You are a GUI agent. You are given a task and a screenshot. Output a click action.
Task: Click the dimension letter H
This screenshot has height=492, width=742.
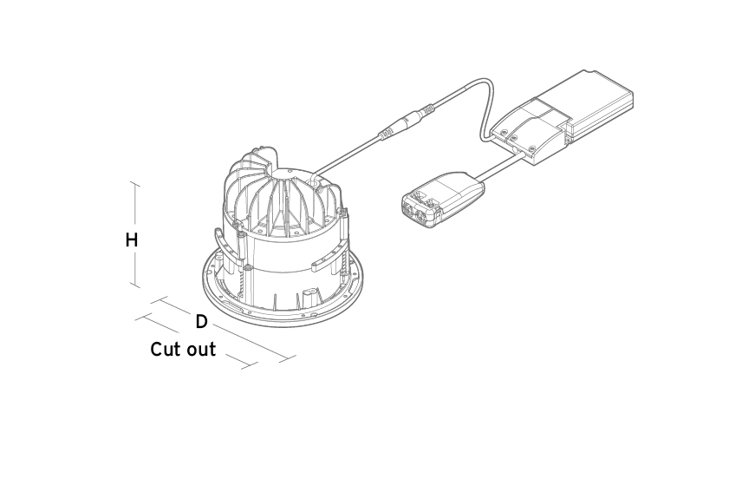[132, 240]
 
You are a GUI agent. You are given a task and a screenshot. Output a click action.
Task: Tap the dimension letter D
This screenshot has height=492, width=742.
[202, 322]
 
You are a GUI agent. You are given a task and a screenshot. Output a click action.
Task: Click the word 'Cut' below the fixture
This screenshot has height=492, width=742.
[163, 350]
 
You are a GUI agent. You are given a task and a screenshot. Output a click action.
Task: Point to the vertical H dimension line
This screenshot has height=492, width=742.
[137, 234]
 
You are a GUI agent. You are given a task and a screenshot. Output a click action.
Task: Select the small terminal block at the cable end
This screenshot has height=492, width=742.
[442, 200]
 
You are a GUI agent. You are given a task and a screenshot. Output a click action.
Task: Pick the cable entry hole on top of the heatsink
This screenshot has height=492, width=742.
[315, 180]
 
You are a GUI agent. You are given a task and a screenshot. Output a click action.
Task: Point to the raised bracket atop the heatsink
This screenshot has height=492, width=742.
[254, 162]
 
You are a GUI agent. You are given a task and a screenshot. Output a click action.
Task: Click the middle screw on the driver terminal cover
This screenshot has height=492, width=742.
[512, 139]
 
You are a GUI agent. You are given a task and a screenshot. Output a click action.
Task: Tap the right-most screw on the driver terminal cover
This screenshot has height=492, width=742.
[532, 148]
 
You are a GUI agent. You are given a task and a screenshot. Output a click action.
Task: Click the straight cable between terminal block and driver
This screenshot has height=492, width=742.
[501, 166]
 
